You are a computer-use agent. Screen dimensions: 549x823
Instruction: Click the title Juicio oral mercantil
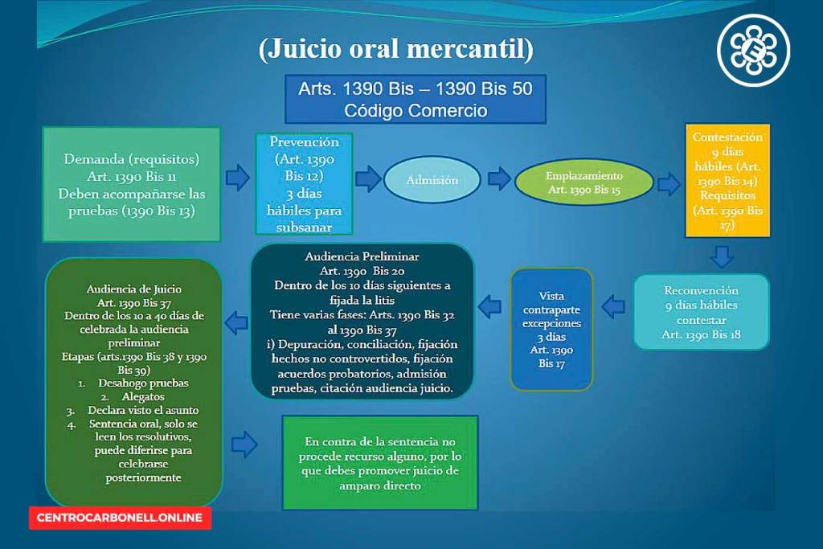(x=395, y=50)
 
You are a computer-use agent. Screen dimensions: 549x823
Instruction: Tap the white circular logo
(x=753, y=50)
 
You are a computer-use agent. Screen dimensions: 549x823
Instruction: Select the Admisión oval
(x=432, y=180)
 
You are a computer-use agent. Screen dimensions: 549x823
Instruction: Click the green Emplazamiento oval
(x=584, y=182)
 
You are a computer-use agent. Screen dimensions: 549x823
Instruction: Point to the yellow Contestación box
(x=727, y=181)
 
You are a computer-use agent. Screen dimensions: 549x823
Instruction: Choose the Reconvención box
(x=701, y=312)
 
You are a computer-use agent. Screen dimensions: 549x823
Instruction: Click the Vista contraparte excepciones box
(x=551, y=329)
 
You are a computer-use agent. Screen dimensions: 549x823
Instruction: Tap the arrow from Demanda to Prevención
(x=237, y=178)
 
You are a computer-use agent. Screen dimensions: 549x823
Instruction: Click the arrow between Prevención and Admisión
(x=368, y=178)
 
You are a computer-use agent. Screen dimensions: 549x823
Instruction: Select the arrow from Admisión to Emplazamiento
(x=499, y=178)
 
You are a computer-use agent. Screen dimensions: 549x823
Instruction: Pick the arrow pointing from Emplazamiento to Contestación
(x=669, y=185)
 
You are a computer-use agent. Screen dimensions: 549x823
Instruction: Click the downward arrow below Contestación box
(x=722, y=257)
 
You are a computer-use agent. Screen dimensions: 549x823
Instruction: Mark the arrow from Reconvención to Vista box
(x=613, y=306)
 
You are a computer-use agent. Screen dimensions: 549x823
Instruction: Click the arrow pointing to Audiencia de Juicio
(x=236, y=323)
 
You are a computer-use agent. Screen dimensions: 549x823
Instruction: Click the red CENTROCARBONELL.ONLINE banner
(x=120, y=518)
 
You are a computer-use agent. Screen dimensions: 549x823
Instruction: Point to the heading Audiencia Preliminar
(x=362, y=256)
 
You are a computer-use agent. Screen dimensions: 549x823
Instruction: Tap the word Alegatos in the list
(x=143, y=397)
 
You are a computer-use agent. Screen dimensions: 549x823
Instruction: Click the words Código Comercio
(x=416, y=111)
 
